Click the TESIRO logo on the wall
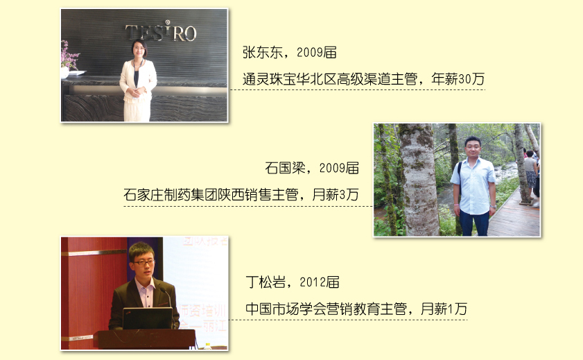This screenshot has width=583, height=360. point(161,32)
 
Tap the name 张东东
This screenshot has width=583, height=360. point(262,53)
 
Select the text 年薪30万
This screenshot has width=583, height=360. point(458,79)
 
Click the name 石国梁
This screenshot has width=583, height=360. point(285,168)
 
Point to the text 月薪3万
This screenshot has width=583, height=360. point(336,194)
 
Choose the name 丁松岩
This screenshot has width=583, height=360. point(266,282)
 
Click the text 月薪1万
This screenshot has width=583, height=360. point(444,309)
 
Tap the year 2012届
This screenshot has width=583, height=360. point(320,282)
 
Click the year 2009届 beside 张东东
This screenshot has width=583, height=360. point(317,53)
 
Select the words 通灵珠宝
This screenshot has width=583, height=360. point(269,79)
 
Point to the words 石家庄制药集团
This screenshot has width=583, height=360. point(170,194)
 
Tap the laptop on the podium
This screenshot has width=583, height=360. point(148,318)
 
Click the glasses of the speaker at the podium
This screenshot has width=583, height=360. point(143,263)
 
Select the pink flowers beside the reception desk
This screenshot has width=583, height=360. point(69,55)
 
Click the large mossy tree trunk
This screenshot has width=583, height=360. point(418,180)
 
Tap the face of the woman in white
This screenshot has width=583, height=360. point(139,50)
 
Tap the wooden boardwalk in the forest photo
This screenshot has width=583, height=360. point(515,216)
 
